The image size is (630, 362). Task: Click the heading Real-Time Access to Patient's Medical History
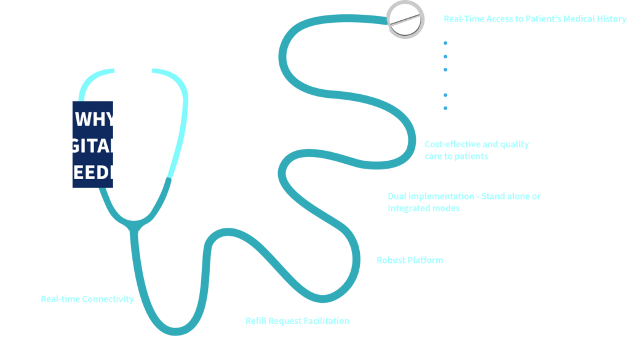pyautogui.click(x=535, y=19)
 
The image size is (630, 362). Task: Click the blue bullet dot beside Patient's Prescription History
pyautogui.click(x=445, y=44)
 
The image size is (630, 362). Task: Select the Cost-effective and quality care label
pyautogui.click(x=476, y=150)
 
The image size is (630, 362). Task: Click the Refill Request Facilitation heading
pyautogui.click(x=297, y=321)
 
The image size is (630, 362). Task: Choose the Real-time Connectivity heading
pyautogui.click(x=87, y=299)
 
